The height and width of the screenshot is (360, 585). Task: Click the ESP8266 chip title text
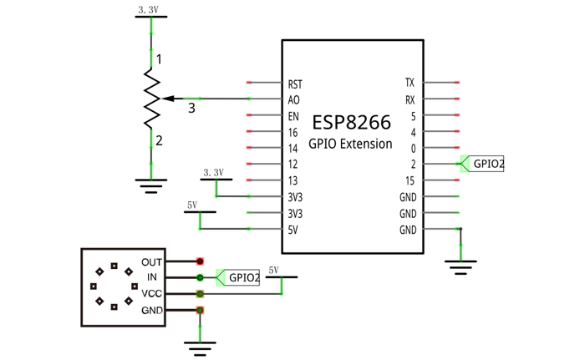352,122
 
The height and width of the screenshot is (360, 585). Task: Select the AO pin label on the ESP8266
293,100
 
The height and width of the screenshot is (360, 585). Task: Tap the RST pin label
295,84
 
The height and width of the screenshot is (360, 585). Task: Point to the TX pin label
409,83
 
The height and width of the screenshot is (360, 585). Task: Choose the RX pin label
410,100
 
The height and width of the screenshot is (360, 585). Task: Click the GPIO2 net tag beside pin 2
482,164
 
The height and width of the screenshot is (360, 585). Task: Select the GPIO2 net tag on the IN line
238,277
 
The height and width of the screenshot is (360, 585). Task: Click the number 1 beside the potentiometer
159,59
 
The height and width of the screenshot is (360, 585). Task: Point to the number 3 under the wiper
191,109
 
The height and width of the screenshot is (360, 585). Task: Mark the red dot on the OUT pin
200,261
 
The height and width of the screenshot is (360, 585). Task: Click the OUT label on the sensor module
151,262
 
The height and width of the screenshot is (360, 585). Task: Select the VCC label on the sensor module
151,293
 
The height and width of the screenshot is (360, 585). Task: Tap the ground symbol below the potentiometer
151,185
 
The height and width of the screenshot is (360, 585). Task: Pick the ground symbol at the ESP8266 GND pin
460,267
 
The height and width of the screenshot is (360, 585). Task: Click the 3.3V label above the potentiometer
148,10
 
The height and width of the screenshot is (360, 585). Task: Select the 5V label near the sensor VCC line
273,270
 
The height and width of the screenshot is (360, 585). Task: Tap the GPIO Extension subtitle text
350,144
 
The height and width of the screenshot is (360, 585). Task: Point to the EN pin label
293,116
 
